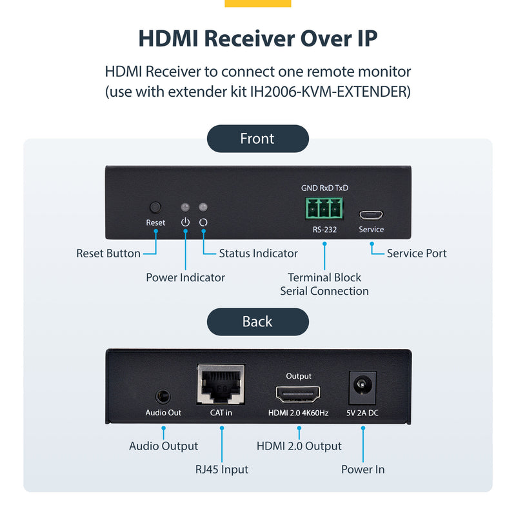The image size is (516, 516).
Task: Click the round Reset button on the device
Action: (155, 208)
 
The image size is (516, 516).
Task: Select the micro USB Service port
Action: (371, 214)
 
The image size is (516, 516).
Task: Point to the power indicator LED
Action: (186, 208)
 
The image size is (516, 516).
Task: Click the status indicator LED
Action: (203, 208)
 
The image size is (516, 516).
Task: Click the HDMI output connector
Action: (299, 393)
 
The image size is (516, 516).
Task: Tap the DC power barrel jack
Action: (363, 388)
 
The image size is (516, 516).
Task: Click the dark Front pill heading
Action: (257, 139)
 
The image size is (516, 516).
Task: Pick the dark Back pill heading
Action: (257, 322)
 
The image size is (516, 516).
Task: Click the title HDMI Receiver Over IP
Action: (257, 38)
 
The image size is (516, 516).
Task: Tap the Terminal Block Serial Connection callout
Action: (324, 284)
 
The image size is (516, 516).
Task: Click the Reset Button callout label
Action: (108, 253)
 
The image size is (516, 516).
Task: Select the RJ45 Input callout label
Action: (221, 469)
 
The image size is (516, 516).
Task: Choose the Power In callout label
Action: (362, 469)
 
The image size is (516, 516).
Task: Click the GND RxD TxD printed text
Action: (324, 188)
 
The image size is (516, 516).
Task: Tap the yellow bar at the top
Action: (257, 3)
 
